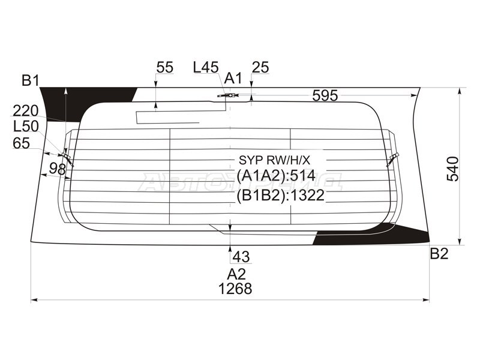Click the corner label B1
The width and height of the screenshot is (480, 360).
(31, 80)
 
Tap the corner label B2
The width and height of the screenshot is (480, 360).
(439, 254)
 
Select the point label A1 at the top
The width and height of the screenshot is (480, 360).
(233, 79)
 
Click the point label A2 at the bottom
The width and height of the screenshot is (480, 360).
(236, 274)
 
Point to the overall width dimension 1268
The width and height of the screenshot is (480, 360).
(235, 289)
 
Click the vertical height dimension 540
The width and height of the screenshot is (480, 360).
(453, 169)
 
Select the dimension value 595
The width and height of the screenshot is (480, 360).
(325, 96)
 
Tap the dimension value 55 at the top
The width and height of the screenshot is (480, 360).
(164, 67)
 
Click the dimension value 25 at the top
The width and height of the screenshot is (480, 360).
(260, 67)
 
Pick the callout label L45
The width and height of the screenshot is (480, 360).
(206, 67)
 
